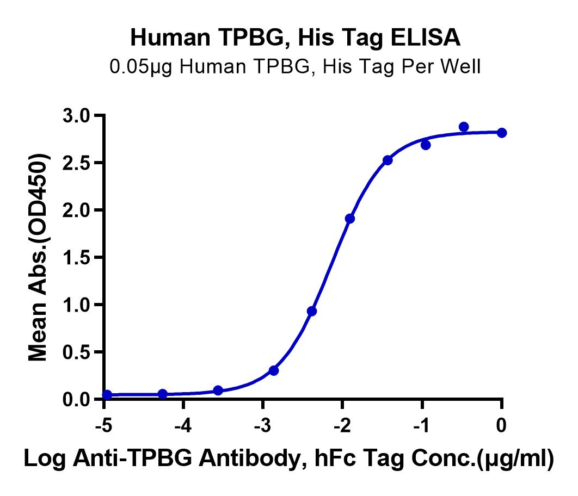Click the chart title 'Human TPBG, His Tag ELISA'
coord(296,38)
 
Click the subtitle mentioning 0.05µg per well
coord(296,67)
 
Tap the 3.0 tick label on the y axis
coord(76,116)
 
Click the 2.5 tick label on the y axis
coord(76,163)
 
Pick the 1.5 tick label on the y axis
coord(76,257)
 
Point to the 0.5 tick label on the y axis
coord(76,352)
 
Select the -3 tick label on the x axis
coord(262,426)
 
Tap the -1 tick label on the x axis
coord(421,426)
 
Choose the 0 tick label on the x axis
coord(501,426)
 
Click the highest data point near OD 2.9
coord(464,127)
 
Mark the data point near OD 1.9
coord(350,219)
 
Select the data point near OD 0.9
coord(312,311)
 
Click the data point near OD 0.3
coord(274,370)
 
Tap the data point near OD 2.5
coord(388,160)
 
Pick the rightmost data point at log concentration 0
coord(502,133)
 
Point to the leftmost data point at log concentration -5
coord(107,395)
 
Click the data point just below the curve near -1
coord(426,145)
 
